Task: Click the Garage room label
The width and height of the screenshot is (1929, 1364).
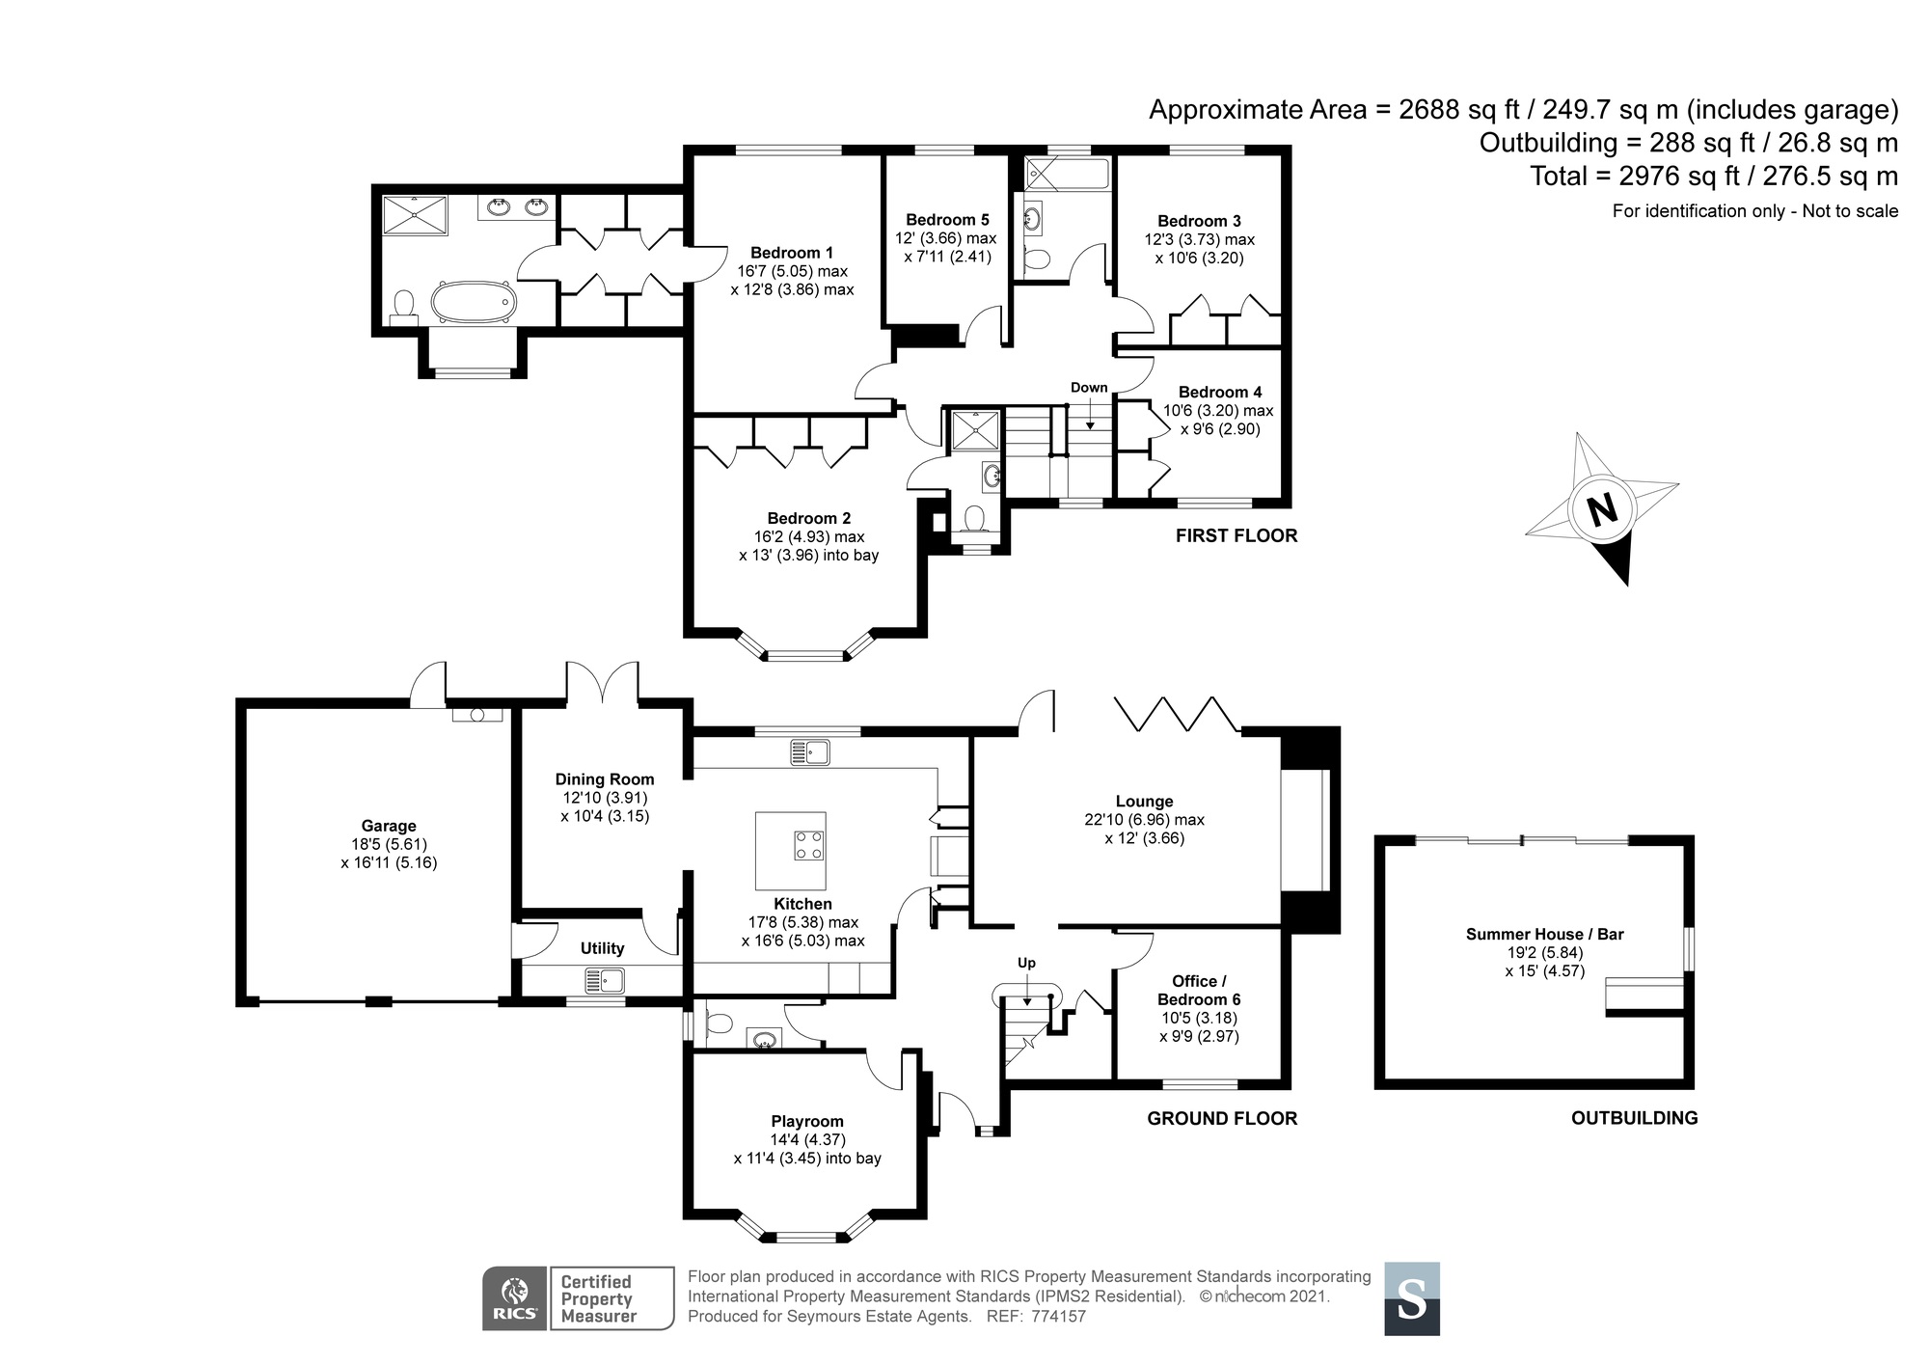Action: tap(389, 826)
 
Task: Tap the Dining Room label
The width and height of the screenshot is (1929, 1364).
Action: tap(605, 779)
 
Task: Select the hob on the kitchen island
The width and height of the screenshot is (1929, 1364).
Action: tap(808, 845)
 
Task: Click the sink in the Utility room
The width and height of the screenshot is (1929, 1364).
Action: tap(606, 981)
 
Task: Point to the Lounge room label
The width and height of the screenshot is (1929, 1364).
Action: tap(1144, 802)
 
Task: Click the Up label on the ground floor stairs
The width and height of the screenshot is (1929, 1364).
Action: tap(1026, 963)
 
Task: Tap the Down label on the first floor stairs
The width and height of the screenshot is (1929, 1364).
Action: tap(1089, 388)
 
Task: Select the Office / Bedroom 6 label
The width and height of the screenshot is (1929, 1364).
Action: tap(1199, 991)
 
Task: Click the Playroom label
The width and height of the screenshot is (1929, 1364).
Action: tap(807, 1122)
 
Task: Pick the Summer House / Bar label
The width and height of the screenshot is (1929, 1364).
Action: tap(1545, 934)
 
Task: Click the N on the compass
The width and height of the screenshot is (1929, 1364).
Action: tap(1603, 509)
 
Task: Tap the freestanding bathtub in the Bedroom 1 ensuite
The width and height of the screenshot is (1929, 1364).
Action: tap(472, 301)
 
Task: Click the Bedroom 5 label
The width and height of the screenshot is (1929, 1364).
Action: tap(947, 220)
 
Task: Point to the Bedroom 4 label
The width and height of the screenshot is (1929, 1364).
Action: tap(1220, 392)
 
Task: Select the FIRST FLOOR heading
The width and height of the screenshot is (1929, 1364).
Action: tap(1236, 536)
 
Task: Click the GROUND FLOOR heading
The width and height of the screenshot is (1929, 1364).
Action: tap(1222, 1119)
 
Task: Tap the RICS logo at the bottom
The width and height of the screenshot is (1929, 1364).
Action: tap(515, 1298)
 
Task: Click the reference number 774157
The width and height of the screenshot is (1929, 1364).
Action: tap(1059, 1317)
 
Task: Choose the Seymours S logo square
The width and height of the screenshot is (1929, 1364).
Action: tap(1412, 1298)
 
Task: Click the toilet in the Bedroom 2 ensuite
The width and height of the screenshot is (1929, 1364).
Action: tap(973, 519)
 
